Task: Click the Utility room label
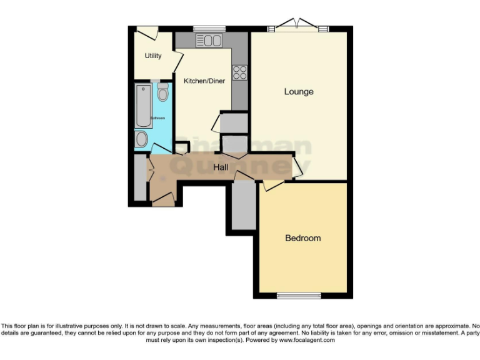153,56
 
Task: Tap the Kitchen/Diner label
204,81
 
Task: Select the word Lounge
299,92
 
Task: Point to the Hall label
221,167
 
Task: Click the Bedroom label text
303,238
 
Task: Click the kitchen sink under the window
209,41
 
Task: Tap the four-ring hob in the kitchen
239,72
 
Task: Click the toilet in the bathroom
163,93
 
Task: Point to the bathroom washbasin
142,138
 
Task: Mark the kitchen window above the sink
209,28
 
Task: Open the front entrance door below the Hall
163,199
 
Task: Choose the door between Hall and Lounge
297,167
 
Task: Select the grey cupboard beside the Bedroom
244,206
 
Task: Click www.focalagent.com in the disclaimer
307,341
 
